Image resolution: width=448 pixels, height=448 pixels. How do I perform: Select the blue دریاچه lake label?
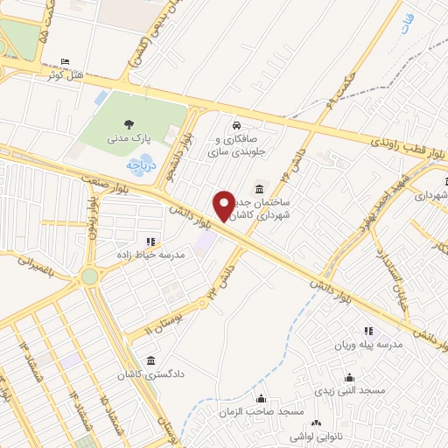coord(139,164)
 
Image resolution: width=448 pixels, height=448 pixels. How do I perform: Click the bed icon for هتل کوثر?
coord(66,61)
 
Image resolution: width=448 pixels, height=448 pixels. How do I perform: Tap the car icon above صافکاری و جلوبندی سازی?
coord(237,123)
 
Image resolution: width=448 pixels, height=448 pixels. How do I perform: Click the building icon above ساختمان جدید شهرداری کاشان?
coord(259,189)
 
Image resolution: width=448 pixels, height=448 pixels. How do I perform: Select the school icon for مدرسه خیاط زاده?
coord(150,241)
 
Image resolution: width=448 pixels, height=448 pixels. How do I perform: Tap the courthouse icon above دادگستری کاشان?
coord(152,360)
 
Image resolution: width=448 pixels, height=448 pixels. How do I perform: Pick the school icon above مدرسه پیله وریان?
coord(367,331)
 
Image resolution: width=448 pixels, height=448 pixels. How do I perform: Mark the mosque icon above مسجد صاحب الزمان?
coord(261,398)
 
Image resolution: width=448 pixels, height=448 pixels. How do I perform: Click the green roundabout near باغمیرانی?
coord(89,276)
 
